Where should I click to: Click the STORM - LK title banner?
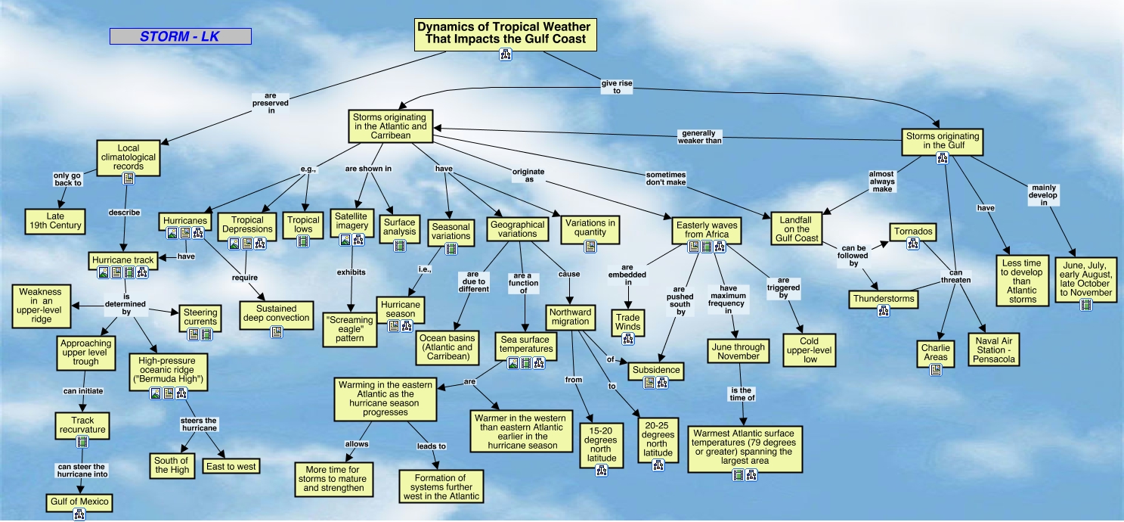pyautogui.click(x=180, y=36)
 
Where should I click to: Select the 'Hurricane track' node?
pyautogui.click(x=122, y=260)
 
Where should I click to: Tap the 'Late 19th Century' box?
pyautogui.click(x=54, y=220)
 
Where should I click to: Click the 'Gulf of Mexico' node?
pyautogui.click(x=79, y=502)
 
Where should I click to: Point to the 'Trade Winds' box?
pyautogui.click(x=627, y=322)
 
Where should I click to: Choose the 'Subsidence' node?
pyautogui.click(x=655, y=371)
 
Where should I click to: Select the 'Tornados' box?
pyautogui.click(x=912, y=231)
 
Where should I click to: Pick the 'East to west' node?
pyautogui.click(x=231, y=466)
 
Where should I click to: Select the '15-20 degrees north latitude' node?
pyautogui.click(x=602, y=446)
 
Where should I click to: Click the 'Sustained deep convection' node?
pyautogui.click(x=276, y=313)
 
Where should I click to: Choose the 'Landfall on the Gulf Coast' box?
pyautogui.click(x=797, y=228)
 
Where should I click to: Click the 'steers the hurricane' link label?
pyautogui.click(x=200, y=424)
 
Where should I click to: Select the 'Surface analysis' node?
pyautogui.click(x=398, y=227)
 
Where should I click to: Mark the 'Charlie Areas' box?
pyautogui.click(x=935, y=353)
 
